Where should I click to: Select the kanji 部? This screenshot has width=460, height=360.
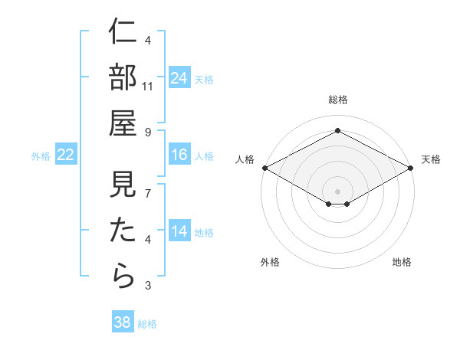pyautogui.click(x=123, y=78)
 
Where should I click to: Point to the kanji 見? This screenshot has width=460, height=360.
pyautogui.click(x=123, y=185)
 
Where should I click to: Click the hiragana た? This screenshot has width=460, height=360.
pyautogui.click(x=123, y=231)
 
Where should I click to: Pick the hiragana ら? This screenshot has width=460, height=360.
pyautogui.click(x=123, y=276)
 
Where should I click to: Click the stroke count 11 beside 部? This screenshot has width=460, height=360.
pyautogui.click(x=149, y=87)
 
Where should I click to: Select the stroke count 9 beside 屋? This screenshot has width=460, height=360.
pyautogui.click(x=148, y=133)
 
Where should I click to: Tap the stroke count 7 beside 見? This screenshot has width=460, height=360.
pyautogui.click(x=148, y=195)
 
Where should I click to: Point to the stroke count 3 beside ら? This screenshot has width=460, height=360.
pyautogui.click(x=148, y=286)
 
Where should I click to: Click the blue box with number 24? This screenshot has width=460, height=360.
pyautogui.click(x=179, y=77)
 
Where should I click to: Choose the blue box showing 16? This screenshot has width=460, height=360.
pyautogui.click(x=179, y=155)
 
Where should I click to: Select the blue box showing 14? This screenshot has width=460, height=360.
pyautogui.click(x=179, y=231)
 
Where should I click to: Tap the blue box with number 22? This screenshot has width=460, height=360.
pyautogui.click(x=66, y=155)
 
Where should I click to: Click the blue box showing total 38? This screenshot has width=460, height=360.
pyautogui.click(x=123, y=322)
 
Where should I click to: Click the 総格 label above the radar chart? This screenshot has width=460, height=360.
pyautogui.click(x=338, y=100)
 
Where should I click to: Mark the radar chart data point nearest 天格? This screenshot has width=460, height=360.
pyautogui.click(x=412, y=167)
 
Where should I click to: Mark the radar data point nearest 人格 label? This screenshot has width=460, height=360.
pyautogui.click(x=264, y=167)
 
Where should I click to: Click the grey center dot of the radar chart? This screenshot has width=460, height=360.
pyautogui.click(x=338, y=190)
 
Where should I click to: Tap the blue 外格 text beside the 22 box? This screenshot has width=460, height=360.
pyautogui.click(x=41, y=156)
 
